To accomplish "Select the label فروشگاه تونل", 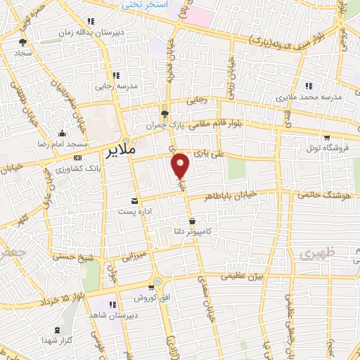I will coord(326,148).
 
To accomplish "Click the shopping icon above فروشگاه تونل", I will coord(326,137).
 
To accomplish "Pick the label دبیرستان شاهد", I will coord(108,315).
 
